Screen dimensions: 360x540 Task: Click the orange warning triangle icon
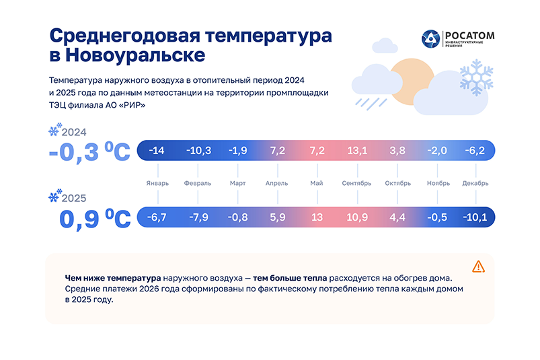coord(478,266)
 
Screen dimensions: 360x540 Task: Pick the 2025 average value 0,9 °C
coord(94,219)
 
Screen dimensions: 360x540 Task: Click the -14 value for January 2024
coord(157,150)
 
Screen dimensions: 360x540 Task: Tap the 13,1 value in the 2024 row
coord(356,150)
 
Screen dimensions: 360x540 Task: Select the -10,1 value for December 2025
coord(475,218)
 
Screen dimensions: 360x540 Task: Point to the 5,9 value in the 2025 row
coord(277,218)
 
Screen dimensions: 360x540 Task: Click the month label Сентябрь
coord(356,183)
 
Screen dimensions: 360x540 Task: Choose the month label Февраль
coord(198,183)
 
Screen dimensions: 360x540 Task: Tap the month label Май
coord(317,183)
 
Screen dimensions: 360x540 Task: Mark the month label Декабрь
coord(475,183)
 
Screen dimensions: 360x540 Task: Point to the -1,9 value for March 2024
coord(238,150)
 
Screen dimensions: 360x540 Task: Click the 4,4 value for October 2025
coord(396,218)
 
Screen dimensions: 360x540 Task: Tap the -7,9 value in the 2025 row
coord(198,218)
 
